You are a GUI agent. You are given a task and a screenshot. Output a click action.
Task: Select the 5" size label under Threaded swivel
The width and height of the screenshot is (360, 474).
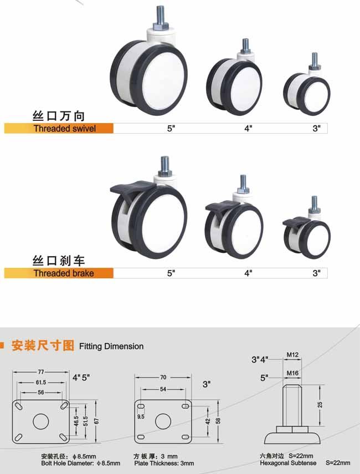tap(171, 129)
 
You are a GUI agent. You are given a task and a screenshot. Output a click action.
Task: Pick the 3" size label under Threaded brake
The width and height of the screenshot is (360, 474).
tap(316, 273)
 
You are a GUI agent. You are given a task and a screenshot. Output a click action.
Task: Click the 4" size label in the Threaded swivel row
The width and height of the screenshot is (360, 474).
tap(248, 129)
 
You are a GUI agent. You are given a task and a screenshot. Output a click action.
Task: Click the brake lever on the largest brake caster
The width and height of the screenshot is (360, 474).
tap(132, 188)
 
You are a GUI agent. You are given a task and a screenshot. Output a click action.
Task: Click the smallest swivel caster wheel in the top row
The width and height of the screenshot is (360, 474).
tap(307, 94)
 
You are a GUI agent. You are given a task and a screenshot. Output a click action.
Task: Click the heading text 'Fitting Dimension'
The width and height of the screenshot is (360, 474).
tap(111, 346)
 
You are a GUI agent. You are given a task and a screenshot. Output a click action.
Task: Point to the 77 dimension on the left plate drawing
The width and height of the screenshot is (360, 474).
tap(41, 372)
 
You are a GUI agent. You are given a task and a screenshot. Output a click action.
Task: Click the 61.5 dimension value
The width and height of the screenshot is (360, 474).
tap(41, 383)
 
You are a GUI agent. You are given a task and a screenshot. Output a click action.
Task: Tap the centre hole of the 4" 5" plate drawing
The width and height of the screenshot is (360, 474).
tap(41, 421)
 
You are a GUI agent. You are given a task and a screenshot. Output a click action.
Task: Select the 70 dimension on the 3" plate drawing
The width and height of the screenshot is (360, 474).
tap(163, 378)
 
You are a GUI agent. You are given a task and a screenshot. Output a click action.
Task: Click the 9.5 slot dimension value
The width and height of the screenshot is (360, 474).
tap(141, 416)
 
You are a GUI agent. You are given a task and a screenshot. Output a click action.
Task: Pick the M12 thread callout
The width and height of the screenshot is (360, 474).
tap(292, 355)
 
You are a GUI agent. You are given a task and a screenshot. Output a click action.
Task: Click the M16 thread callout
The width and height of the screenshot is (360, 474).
tap(292, 373)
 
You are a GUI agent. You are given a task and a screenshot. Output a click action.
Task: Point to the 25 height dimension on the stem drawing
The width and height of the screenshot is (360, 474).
tap(320, 404)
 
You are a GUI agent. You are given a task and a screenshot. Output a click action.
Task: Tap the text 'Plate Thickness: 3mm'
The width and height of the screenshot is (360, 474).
tap(164, 463)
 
